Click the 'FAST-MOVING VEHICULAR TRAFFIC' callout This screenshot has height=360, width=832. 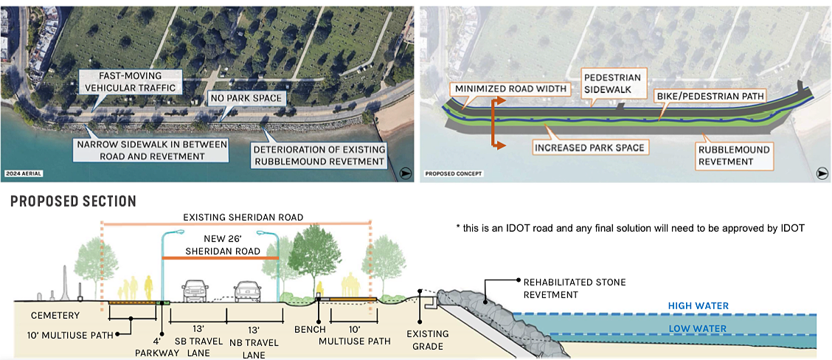(129, 82)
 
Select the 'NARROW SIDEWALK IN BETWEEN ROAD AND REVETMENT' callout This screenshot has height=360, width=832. (151, 150)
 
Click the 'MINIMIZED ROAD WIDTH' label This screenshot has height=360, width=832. (510, 89)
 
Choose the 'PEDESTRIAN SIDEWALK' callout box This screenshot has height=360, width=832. (611, 83)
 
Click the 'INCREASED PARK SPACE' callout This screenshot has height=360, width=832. (589, 148)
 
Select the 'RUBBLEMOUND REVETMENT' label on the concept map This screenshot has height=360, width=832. (734, 156)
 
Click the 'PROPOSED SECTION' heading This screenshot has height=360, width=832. (73, 201)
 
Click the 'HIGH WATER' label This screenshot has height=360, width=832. (698, 306)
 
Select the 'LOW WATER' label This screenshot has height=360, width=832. (698, 329)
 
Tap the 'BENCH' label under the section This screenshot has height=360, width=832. (308, 329)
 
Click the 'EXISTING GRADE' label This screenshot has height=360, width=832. (426, 340)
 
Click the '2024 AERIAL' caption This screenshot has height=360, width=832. (23, 174)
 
